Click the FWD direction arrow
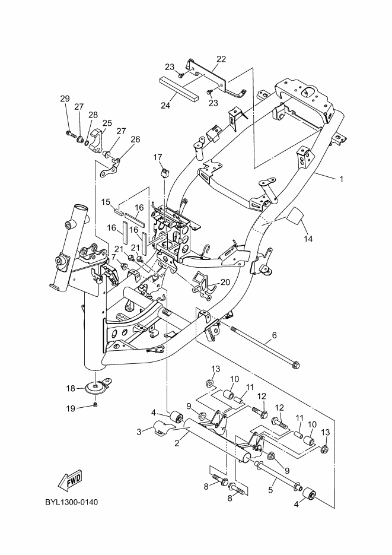70,481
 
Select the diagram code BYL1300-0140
71,502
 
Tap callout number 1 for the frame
341,179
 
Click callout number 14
308,239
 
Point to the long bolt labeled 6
266,347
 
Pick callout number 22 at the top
221,59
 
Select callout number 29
65,99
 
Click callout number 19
71,408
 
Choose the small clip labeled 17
165,172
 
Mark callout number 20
225,282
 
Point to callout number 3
139,432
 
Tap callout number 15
106,202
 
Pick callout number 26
135,139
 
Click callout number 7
113,256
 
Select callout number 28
93,115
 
